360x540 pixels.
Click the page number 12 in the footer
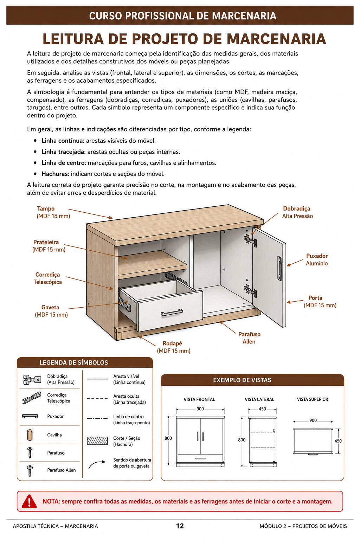180,526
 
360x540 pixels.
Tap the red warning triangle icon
29,501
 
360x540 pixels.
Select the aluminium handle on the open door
279,268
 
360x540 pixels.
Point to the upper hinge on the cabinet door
250,240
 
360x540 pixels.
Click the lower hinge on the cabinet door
250,291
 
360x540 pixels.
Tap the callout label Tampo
46,208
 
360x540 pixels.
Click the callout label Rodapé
172,343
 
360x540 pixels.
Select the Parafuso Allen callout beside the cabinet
249,338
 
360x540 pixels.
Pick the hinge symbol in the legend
32,379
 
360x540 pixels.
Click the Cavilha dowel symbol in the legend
30,435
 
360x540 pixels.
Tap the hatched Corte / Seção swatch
97,441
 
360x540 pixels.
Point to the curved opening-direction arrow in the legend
97,464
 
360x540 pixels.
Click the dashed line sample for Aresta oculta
97,398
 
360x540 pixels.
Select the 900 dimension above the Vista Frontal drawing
200,409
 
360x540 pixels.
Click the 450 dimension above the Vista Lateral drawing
262,409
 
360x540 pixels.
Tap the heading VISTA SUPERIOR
313,399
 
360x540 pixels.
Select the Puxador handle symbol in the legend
30,416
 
